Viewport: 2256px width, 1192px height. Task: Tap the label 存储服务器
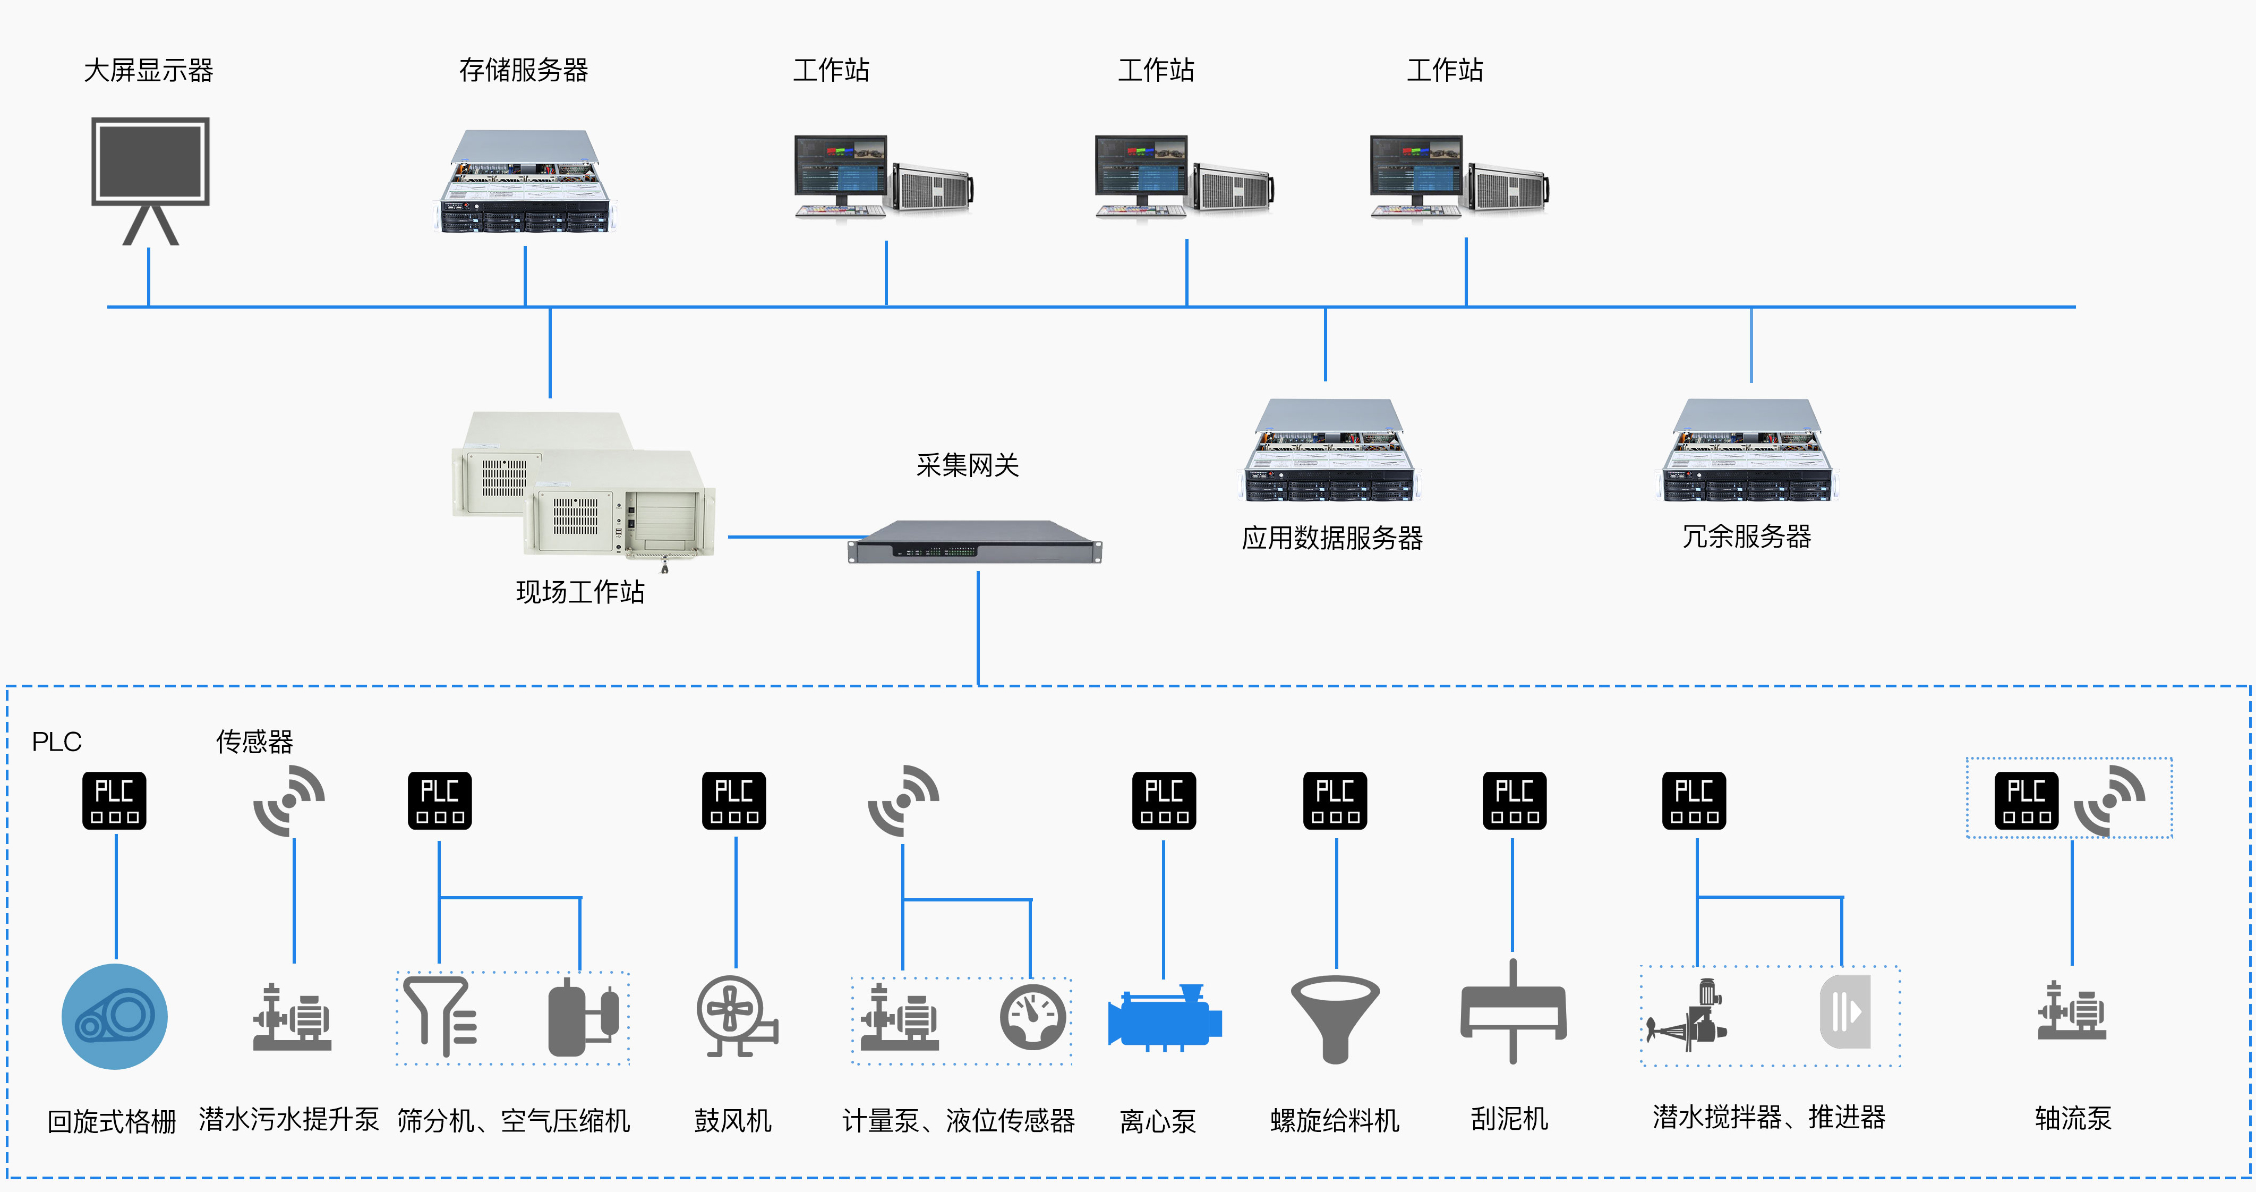524,70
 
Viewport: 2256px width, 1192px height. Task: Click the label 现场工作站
580,592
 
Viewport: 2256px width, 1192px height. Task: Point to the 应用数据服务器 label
1332,538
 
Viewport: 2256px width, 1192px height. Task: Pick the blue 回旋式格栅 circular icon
115,1016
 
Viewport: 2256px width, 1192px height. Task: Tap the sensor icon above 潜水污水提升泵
289,799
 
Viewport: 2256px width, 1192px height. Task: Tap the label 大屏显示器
149,70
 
